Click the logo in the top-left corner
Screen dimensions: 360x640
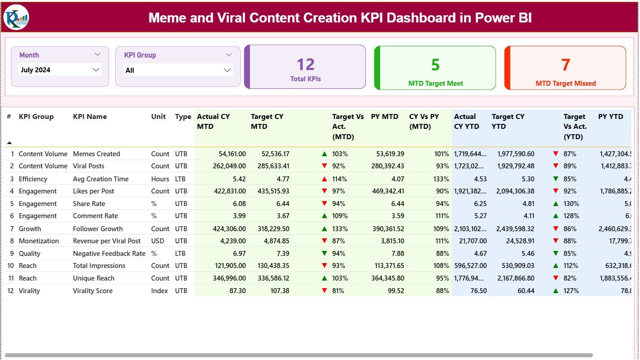tap(16, 17)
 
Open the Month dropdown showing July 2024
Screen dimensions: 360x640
tap(60, 70)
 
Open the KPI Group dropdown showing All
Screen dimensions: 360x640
tap(178, 70)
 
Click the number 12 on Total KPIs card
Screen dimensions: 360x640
tap(305, 65)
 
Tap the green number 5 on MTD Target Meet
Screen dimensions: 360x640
tap(435, 65)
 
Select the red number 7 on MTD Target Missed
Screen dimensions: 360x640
tap(565, 65)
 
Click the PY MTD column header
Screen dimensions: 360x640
tap(384, 117)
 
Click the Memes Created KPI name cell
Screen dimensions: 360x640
tap(96, 154)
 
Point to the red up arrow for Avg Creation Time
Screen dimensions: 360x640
tap(324, 179)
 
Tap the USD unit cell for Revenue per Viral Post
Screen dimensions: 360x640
tap(158, 241)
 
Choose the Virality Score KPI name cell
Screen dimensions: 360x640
tap(93, 291)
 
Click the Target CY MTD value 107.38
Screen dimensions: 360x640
tap(278, 291)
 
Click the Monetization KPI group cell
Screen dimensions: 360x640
tap(39, 241)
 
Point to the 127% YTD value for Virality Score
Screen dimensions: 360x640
tap(570, 291)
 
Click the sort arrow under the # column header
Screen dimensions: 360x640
tap(9, 143)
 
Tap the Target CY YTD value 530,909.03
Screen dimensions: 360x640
tap(515, 266)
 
